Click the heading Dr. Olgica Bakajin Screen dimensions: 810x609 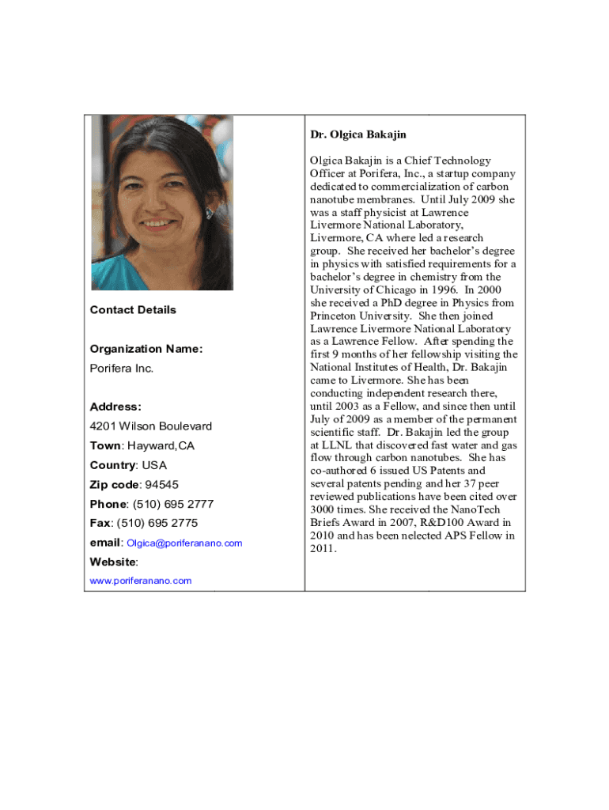tap(358, 134)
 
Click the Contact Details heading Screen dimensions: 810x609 tap(133, 310)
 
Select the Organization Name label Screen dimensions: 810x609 tap(146, 349)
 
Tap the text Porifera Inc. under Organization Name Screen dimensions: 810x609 tap(122, 369)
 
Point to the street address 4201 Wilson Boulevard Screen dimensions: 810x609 tap(151, 426)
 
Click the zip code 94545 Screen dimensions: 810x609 tap(161, 485)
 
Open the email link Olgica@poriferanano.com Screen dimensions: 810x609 tap(184, 543)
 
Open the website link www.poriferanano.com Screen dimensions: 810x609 tap(141, 581)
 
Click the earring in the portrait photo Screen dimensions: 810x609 tap(209, 213)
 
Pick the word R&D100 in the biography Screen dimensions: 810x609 tap(437, 522)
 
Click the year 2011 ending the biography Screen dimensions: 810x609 tap(323, 548)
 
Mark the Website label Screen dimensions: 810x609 tap(113, 562)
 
